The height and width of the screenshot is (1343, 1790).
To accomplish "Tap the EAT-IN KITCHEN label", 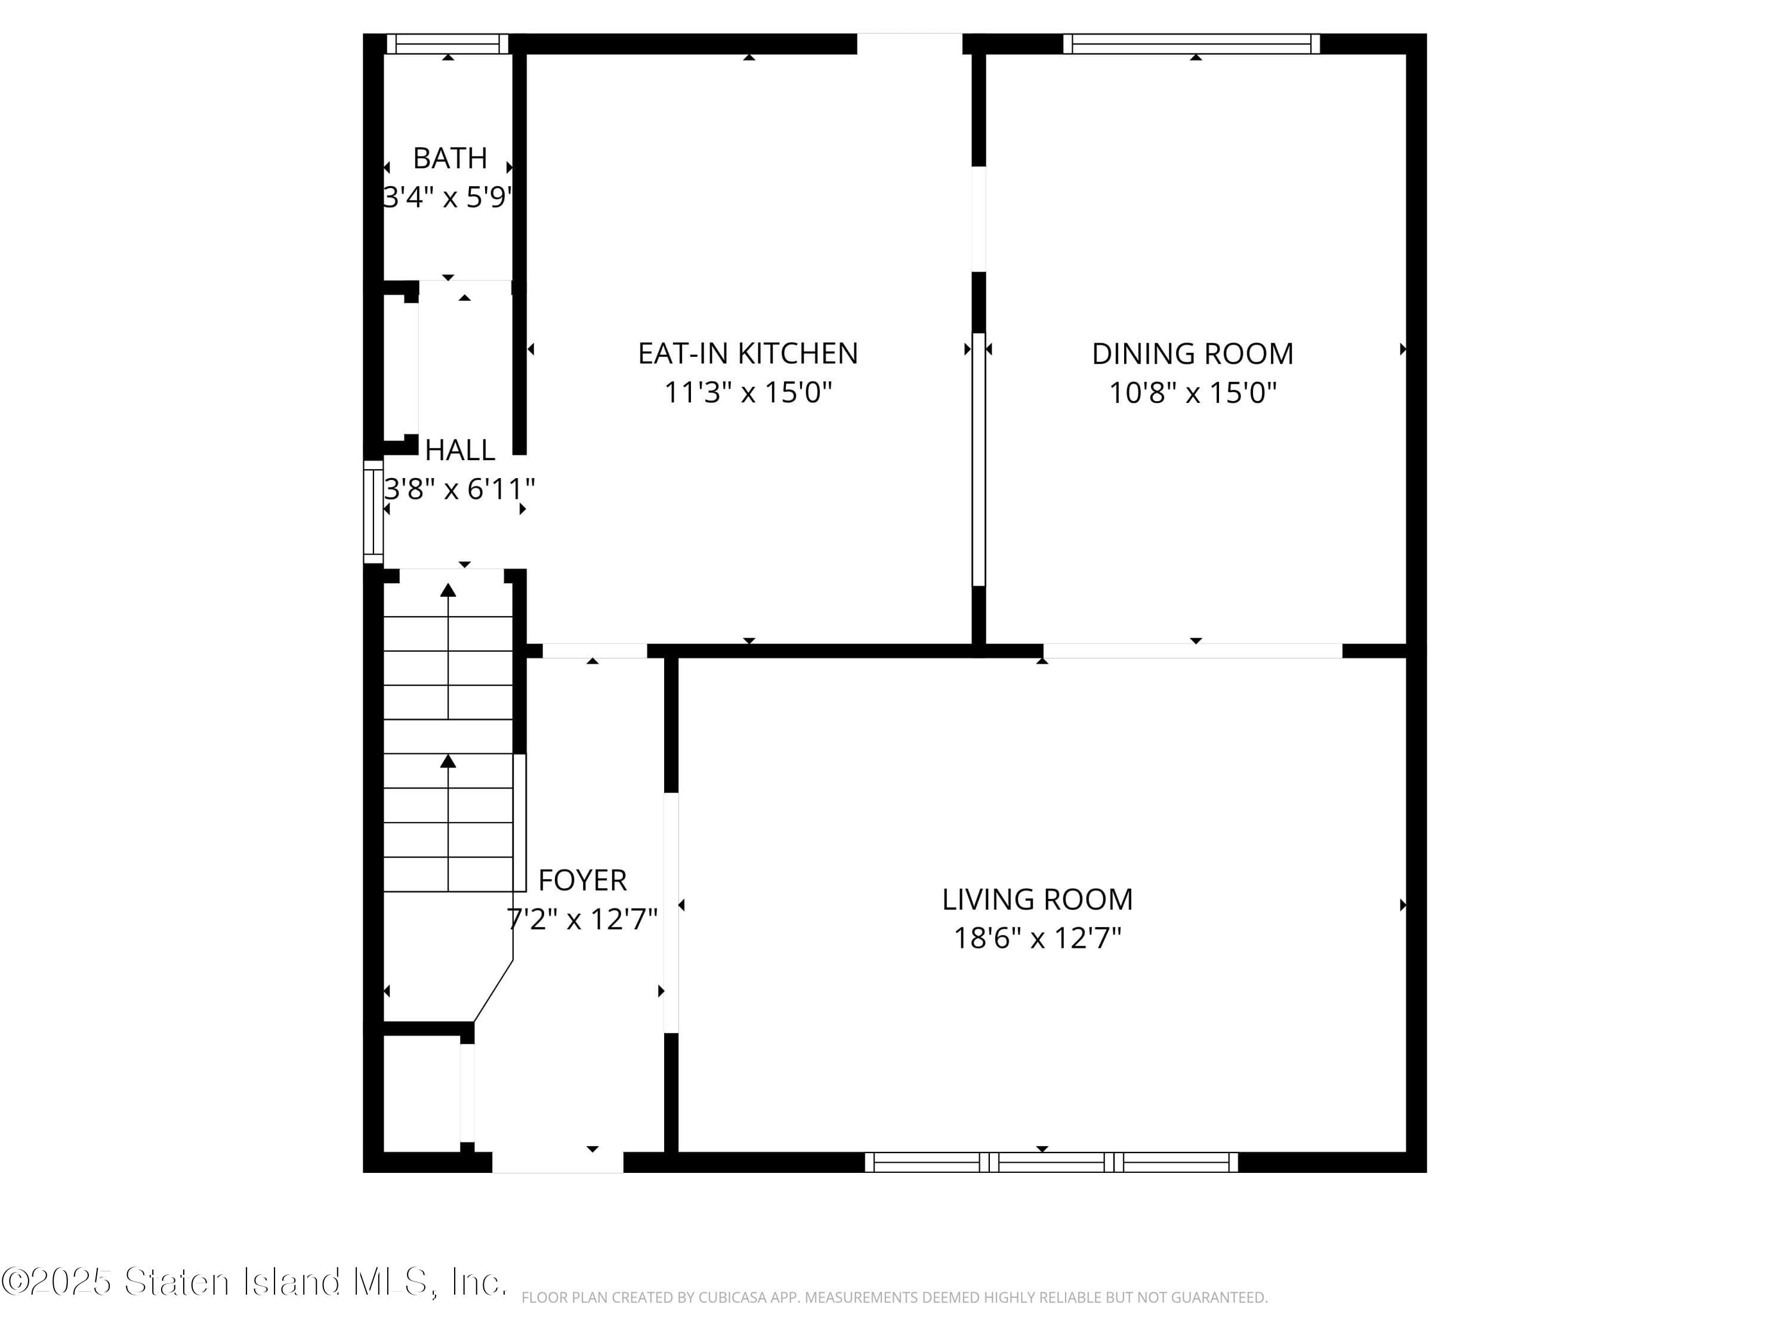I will pyautogui.click(x=748, y=354).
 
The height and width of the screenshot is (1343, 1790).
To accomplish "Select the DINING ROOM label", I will pyautogui.click(x=1192, y=354).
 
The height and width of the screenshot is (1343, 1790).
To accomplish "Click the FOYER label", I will pyautogui.click(x=582, y=880).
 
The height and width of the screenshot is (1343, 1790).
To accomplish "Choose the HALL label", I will pyautogui.click(x=459, y=450).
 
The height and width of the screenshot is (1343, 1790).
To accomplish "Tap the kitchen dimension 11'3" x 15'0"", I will pyautogui.click(x=748, y=393).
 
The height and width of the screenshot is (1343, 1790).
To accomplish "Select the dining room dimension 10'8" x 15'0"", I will pyautogui.click(x=1192, y=393).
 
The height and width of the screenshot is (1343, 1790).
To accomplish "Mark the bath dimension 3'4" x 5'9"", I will pyautogui.click(x=447, y=197).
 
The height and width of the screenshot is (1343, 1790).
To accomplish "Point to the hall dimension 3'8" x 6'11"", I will pyautogui.click(x=459, y=489).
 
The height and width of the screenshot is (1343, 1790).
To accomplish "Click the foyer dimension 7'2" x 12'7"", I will pyautogui.click(x=582, y=919).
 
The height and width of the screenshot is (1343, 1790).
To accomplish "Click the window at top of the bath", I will pyautogui.click(x=447, y=44).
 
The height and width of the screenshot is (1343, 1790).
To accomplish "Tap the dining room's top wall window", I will pyautogui.click(x=1191, y=44).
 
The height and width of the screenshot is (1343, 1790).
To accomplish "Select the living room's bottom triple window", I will pyautogui.click(x=1051, y=1163).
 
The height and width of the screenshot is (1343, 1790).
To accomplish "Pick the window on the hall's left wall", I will pyautogui.click(x=372, y=512).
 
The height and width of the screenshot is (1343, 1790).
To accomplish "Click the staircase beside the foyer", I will pyautogui.click(x=447, y=737).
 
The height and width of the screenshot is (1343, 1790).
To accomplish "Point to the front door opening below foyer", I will pyautogui.click(x=557, y=1163).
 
